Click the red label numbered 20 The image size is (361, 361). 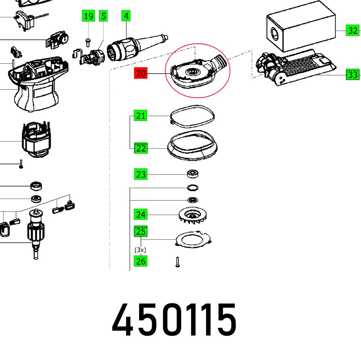141,74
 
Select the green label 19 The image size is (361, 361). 88,16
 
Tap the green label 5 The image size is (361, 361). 104,16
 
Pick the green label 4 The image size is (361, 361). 126,16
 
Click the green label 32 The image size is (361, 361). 352,31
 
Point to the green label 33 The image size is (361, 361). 353,75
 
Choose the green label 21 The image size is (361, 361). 141,116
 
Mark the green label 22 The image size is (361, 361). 141,148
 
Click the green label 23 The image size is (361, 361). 141,174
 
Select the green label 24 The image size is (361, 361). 141,215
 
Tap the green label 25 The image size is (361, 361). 141,231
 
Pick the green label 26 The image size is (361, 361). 141,261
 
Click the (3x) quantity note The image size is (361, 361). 140,249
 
